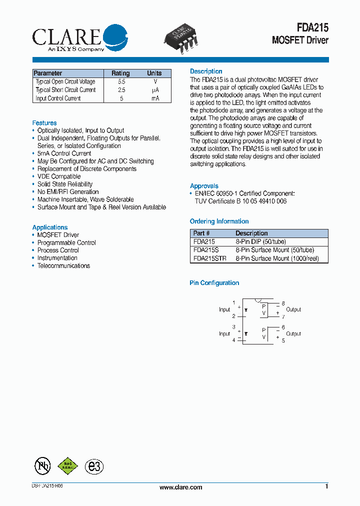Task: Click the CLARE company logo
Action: pos(80,37)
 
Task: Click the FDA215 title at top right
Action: pos(310,28)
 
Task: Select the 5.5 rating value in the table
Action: pos(121,81)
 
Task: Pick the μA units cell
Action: pos(155,90)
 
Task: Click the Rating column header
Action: pos(120,73)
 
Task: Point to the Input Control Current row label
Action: pos(58,98)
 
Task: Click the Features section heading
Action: pos(44,123)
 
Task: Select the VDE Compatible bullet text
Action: pos(59,176)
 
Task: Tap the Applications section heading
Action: pos(50,227)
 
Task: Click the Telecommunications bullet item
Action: pos(63,265)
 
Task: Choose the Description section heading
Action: pos(206,71)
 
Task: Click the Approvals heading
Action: pos(204,186)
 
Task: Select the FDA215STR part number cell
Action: pos(209,258)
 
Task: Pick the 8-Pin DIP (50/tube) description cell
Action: pos(261,241)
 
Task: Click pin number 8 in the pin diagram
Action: pos(283,303)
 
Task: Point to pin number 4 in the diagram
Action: pos(233,340)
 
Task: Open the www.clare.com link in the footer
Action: pos(180,487)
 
